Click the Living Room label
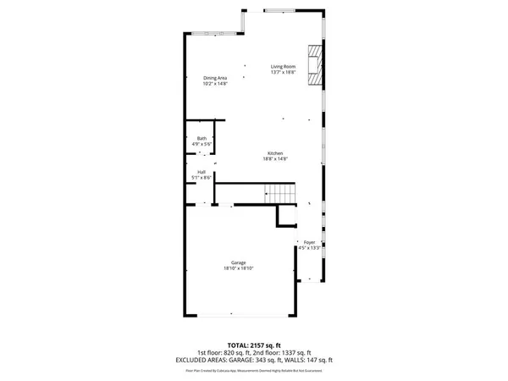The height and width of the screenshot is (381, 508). [283, 67]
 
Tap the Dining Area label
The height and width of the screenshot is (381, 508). [215, 78]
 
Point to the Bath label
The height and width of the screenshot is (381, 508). [202, 138]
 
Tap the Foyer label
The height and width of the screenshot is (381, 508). [310, 243]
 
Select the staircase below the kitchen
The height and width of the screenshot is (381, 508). [280, 193]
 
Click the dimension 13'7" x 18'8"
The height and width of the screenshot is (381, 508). [283, 73]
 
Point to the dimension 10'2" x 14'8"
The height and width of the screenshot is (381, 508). [215, 84]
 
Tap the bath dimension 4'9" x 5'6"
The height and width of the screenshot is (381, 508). [202, 144]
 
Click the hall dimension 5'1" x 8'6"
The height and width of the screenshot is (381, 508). [202, 178]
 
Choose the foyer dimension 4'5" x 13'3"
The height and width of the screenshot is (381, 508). [310, 249]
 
